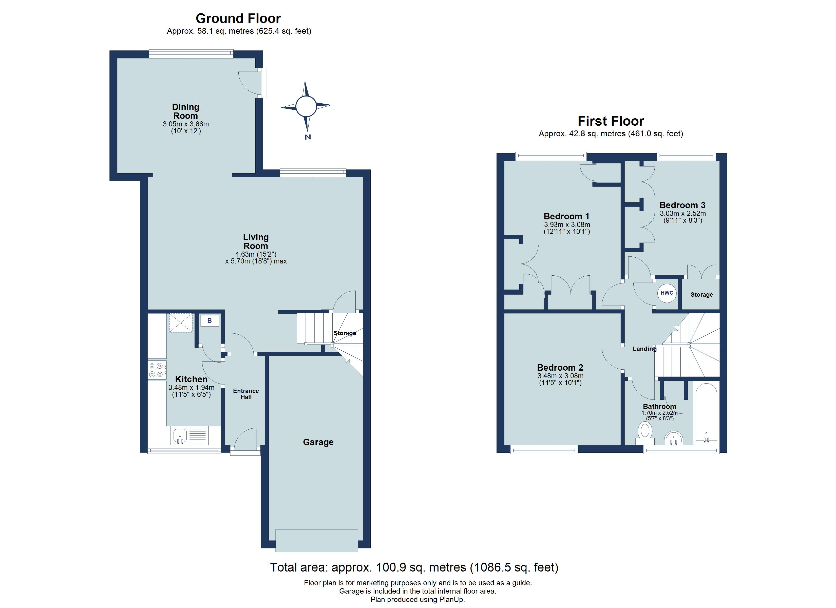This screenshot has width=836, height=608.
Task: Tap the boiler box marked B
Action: tap(209, 321)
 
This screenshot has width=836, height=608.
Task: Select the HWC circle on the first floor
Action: tap(667, 293)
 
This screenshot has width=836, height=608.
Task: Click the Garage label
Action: tap(318, 442)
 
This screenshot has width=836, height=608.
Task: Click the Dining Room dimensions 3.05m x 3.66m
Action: tap(186, 124)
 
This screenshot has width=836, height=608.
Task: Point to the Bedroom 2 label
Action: tap(560, 368)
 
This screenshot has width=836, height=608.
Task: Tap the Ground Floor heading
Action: tap(238, 18)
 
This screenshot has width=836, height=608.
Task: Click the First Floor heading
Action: tap(611, 121)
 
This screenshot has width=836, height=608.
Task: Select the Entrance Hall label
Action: tap(246, 394)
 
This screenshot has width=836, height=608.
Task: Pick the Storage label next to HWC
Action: tap(701, 295)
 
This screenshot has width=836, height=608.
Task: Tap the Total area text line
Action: tap(414, 567)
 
